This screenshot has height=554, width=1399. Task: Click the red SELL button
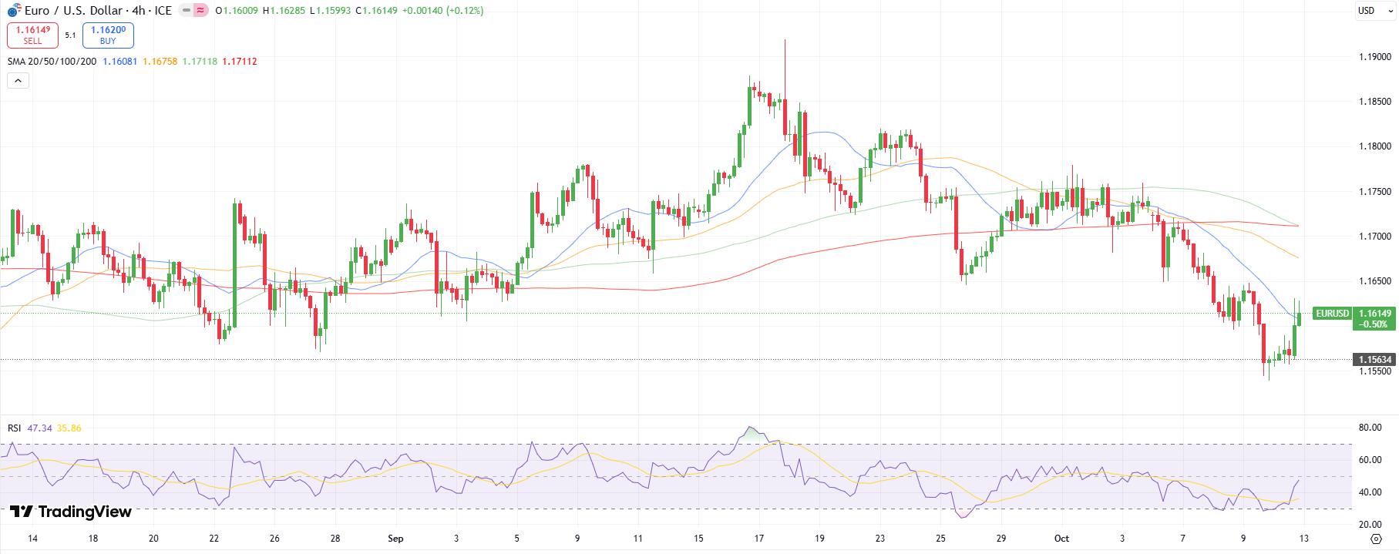point(32,35)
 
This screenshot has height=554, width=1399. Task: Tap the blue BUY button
point(108,35)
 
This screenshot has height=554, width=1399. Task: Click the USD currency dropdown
point(1375,11)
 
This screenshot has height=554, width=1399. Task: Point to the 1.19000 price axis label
point(1374,57)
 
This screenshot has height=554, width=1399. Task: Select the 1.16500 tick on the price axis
point(1374,281)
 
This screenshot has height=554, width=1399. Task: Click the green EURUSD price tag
point(1332,314)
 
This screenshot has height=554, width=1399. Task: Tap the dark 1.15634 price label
point(1374,360)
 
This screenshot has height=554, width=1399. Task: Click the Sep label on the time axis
point(395,539)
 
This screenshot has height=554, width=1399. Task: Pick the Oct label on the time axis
point(1061,539)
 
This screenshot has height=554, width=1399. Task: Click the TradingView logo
point(71,512)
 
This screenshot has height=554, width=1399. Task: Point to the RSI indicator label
point(15,428)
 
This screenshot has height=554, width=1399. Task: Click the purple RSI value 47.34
point(39,428)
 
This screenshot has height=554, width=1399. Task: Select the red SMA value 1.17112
point(240,62)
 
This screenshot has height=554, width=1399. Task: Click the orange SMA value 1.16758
point(160,62)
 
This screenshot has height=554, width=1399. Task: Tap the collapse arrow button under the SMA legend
point(18,80)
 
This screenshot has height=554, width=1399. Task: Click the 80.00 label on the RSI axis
point(1370,428)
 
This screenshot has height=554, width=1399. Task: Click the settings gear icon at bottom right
point(1376,539)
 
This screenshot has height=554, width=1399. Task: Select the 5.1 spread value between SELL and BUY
point(70,35)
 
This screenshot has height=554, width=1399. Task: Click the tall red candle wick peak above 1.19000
point(785,41)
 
